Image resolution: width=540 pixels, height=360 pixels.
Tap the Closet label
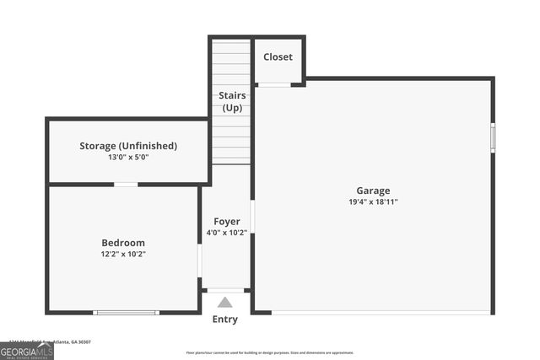coord(278,56)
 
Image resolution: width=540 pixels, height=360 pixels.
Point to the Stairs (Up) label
coord(232,102)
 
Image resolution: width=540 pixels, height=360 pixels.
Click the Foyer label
coord(226,222)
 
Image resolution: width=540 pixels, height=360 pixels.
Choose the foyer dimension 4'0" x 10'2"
coord(226,234)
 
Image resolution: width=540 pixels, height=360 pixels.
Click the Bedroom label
coord(123,242)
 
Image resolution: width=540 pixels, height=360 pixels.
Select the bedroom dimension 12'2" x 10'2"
coord(123,254)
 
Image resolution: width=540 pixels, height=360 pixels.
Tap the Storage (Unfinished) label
coord(128,146)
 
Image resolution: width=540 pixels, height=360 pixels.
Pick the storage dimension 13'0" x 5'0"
coord(128,158)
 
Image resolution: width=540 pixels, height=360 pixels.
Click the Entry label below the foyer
coord(224,320)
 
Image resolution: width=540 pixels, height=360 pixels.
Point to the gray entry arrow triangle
coord(224,303)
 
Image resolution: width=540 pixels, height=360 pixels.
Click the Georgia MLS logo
coord(27,351)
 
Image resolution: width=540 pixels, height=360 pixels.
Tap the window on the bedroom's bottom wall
coord(126,313)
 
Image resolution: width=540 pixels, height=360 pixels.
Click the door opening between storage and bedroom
coord(126,184)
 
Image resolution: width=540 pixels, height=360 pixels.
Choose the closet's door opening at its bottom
coord(273,84)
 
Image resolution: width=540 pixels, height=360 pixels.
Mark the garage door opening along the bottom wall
coord(380,313)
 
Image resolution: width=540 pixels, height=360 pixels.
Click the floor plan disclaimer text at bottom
coord(270,352)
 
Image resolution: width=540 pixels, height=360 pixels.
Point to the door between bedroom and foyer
coord(200,261)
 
